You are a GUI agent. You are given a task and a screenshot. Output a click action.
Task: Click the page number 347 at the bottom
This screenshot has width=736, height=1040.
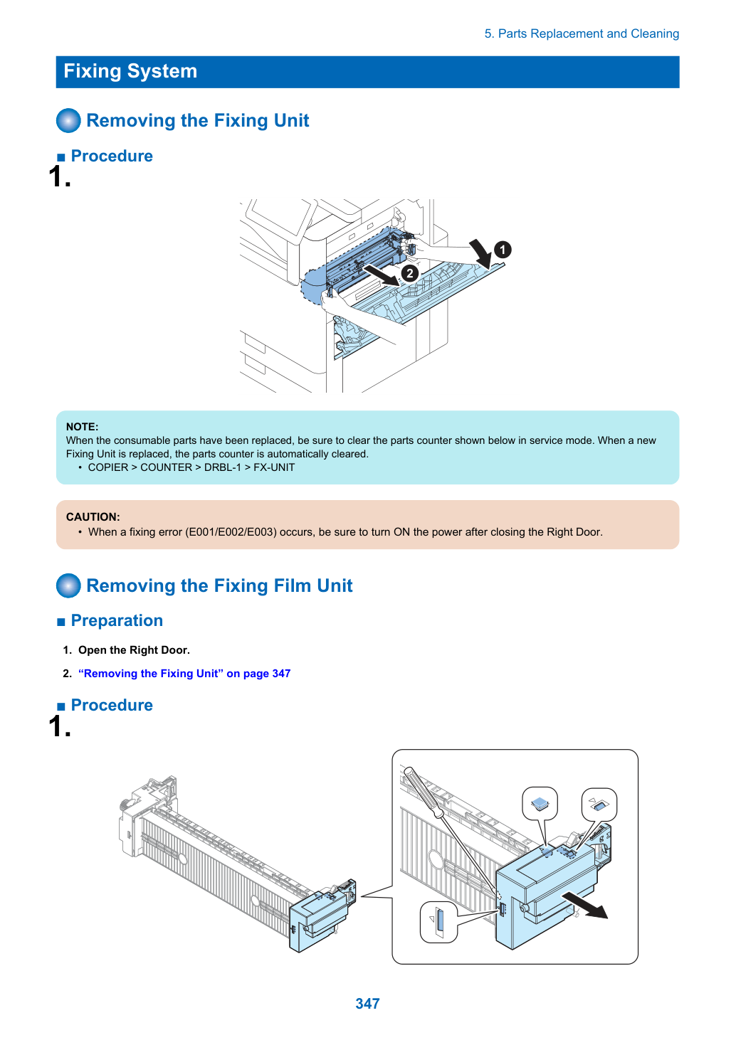coord(367,1003)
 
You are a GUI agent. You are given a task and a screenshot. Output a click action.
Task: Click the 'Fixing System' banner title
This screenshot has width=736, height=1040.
coord(130,71)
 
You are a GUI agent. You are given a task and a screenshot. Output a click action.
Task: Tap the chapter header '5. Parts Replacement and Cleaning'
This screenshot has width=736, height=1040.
coord(582,33)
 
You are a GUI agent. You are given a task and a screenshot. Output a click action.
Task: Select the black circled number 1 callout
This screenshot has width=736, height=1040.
coord(503,250)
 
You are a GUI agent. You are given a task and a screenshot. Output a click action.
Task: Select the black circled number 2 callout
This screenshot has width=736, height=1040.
coord(409,273)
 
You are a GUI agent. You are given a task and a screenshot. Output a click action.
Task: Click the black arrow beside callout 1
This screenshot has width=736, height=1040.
coord(481,253)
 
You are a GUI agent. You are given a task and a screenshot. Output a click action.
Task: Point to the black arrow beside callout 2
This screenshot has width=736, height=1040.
coord(382,275)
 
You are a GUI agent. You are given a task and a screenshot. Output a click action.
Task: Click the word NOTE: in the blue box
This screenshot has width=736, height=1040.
coord(83,427)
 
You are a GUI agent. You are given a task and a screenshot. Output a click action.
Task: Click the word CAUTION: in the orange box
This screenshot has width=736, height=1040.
coord(93,516)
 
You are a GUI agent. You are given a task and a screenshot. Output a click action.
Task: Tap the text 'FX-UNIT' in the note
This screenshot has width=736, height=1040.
coord(274,467)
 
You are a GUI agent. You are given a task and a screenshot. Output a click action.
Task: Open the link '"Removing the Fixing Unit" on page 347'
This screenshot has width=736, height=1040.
coord(184,673)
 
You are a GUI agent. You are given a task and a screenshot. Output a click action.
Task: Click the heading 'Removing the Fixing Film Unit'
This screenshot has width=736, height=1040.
coord(219,585)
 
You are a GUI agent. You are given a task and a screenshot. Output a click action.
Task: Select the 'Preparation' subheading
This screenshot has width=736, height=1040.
coord(117,620)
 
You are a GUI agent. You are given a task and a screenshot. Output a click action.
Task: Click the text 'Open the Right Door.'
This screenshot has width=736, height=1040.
coord(134,650)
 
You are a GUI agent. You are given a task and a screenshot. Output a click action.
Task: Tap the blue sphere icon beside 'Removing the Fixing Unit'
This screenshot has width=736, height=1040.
coord(68,120)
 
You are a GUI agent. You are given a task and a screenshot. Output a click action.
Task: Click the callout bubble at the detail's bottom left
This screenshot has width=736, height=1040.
coord(438,923)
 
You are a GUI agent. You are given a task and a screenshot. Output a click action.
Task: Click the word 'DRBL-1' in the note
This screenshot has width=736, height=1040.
coord(223,467)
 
